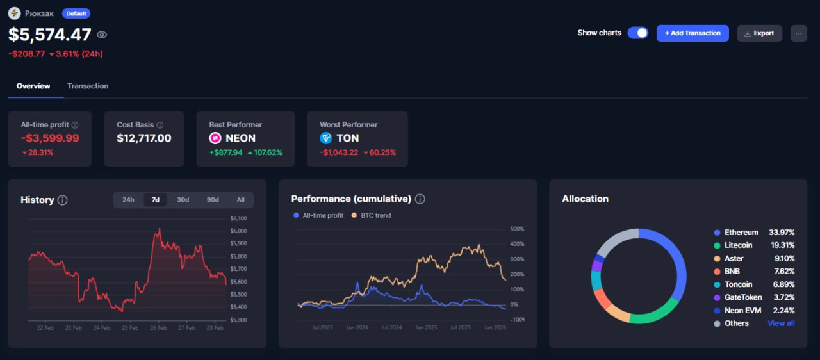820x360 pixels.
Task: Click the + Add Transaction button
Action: coord(693,33)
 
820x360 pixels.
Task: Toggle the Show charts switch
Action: coord(637,33)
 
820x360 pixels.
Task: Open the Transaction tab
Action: coord(88,86)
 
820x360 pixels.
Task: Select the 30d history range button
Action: coord(183,200)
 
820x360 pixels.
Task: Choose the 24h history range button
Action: coord(128,200)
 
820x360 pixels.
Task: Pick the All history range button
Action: coord(240,200)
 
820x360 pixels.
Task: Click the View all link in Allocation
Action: coord(781,323)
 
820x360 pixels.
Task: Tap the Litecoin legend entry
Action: coord(739,245)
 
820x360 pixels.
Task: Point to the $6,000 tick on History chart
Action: coord(238,231)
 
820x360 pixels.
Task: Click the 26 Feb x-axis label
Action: coord(158,328)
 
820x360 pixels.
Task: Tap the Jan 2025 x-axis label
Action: coord(425,328)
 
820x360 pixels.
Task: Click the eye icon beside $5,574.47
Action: coord(102,35)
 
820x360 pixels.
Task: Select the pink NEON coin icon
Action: coord(216,138)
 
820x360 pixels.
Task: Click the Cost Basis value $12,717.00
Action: coord(144,138)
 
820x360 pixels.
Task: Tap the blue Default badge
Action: coord(76,13)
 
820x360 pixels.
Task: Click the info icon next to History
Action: coord(62,200)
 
